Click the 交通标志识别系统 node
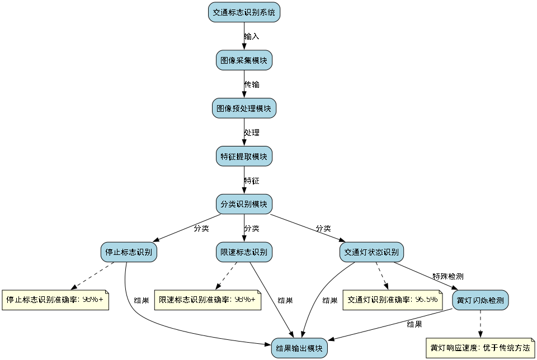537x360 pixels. (x=244, y=12)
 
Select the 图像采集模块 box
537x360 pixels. (x=244, y=60)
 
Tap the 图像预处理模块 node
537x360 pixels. (x=244, y=108)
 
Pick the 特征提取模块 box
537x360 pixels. (x=244, y=157)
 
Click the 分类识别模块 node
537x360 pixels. (x=244, y=204)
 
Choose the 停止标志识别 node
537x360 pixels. (x=129, y=252)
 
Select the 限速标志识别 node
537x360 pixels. (x=244, y=252)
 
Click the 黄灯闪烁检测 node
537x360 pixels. (x=480, y=300)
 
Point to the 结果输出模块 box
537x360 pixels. (x=299, y=348)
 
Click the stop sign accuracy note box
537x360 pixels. (x=55, y=300)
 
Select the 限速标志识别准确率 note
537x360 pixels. (x=207, y=300)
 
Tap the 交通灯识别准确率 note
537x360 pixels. (x=392, y=300)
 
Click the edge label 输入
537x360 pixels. (x=252, y=36)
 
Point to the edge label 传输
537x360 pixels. (x=252, y=84)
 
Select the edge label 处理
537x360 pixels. (x=252, y=132)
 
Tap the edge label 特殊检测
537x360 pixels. (x=447, y=276)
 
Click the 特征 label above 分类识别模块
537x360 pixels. (x=252, y=181)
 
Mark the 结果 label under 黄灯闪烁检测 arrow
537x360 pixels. (x=414, y=324)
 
